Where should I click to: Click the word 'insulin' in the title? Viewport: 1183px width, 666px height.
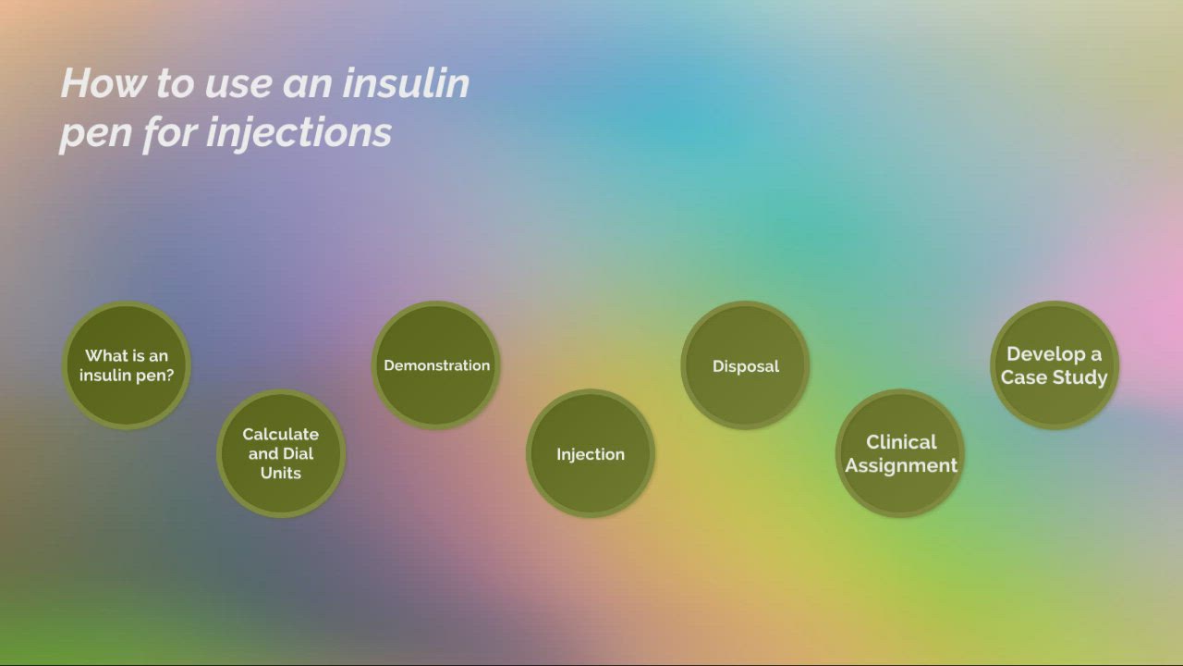click(406, 84)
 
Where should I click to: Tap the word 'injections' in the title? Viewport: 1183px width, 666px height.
click(299, 132)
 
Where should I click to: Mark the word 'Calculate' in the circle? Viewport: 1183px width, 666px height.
click(280, 434)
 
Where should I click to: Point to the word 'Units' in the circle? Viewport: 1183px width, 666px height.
click(280, 473)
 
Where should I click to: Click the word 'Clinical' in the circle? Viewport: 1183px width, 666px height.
click(901, 442)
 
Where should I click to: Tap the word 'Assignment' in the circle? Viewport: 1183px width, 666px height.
click(901, 465)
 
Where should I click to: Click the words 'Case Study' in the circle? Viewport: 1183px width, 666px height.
click(1054, 377)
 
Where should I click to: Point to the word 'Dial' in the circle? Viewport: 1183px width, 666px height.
click(298, 453)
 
